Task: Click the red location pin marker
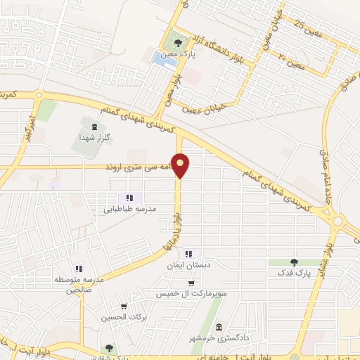point(181,165)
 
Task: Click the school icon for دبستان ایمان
point(188,254)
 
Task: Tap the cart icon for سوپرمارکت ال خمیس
point(191,283)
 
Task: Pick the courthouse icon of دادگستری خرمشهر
point(219,328)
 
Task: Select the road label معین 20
point(289,55)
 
